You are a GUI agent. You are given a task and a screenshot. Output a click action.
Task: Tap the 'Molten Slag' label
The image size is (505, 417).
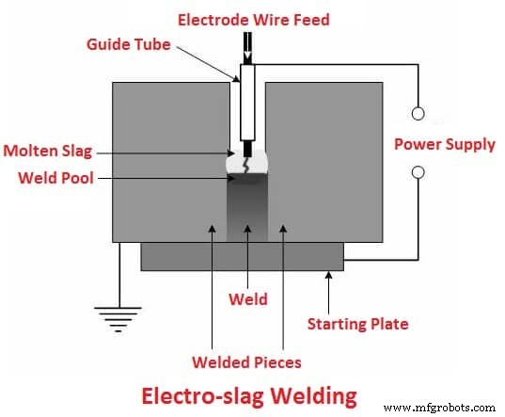pos(47,151)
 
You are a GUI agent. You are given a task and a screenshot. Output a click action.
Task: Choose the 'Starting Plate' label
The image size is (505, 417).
pos(358,324)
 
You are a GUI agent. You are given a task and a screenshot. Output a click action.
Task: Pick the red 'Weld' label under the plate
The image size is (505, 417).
pos(248,300)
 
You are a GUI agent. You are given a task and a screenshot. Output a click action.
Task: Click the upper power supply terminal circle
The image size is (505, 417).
pos(418,115)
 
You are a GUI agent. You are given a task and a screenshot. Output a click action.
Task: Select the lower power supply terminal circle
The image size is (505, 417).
pos(418,173)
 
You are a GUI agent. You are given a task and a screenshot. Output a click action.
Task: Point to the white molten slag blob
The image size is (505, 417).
pos(248,164)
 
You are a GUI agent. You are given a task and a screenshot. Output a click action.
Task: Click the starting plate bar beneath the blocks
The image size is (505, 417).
pos(242,256)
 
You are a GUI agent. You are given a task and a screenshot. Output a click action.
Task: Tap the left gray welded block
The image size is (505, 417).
pos(169,160)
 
